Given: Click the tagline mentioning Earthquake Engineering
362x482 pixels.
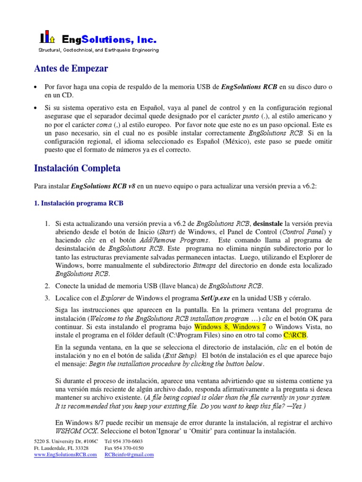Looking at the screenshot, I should [x=98, y=50].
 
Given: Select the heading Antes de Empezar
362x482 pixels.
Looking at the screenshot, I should [x=71, y=69].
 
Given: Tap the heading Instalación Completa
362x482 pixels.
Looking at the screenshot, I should [x=77, y=168].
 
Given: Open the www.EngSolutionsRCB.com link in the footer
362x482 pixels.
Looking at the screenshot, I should [x=66, y=455].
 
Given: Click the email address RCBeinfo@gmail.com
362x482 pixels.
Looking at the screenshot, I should [x=129, y=455].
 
